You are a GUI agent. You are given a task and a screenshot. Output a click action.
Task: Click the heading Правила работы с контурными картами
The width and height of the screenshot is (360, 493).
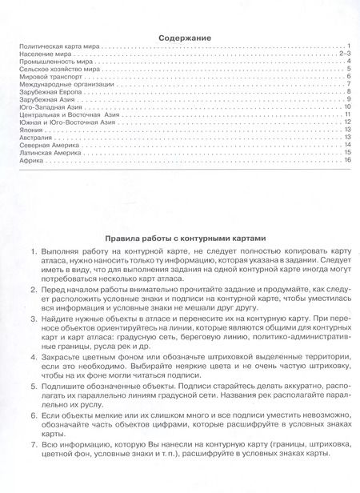(x=184, y=238)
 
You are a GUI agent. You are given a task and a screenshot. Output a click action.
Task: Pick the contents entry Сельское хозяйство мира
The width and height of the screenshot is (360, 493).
(x=53, y=70)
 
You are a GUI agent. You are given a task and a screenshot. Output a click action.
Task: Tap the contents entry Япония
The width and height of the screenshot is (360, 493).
(x=30, y=129)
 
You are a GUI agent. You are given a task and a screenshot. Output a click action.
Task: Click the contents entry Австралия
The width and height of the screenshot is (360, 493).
(x=34, y=137)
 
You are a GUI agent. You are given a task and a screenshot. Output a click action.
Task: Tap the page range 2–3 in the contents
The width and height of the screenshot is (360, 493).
(x=346, y=54)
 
